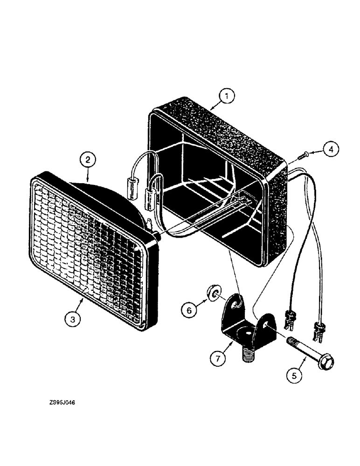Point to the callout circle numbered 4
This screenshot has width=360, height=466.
330,150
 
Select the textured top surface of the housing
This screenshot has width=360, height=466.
219,121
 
